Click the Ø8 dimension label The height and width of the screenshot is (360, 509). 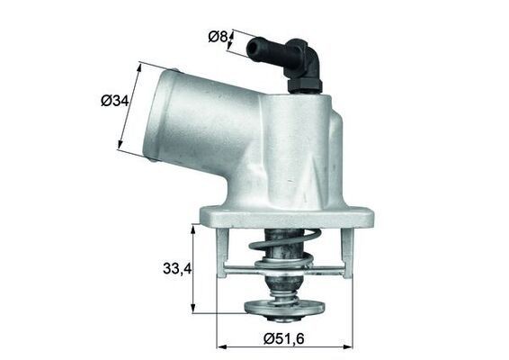click(x=217, y=36)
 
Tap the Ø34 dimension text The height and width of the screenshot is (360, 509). click(x=115, y=102)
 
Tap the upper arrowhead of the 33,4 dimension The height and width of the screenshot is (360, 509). click(x=194, y=229)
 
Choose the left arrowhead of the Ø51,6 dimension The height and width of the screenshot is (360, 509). click(x=221, y=346)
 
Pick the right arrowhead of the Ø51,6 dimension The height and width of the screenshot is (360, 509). click(x=351, y=346)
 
